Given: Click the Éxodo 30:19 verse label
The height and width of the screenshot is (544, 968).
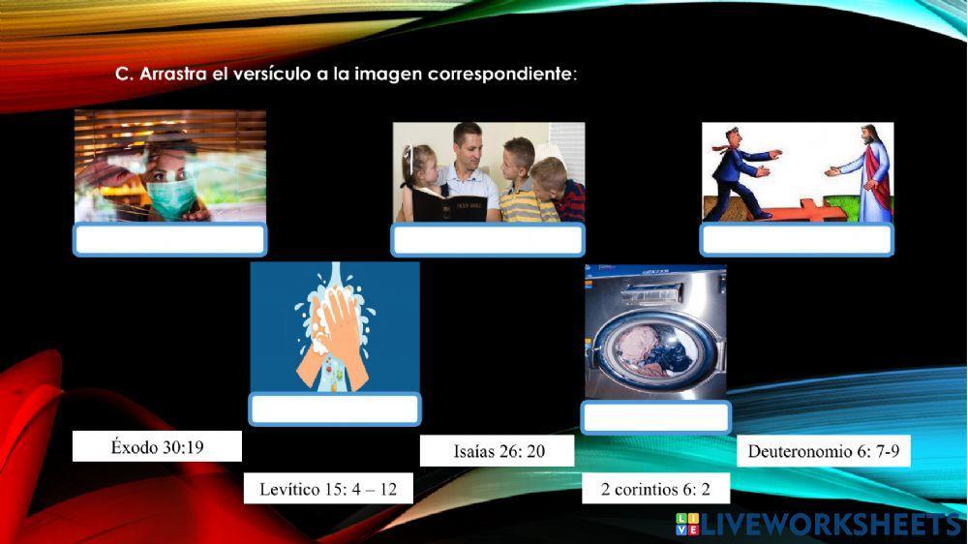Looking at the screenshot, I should pyautogui.click(x=157, y=446).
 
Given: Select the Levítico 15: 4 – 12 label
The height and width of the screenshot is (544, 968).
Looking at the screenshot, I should pyautogui.click(x=328, y=489).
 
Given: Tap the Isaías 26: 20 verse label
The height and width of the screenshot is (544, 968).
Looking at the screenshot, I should pyautogui.click(x=498, y=451).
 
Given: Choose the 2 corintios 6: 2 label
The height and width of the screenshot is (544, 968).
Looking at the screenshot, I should pyautogui.click(x=655, y=489).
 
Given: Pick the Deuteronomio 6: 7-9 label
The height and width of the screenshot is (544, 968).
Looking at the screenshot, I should pyautogui.click(x=823, y=451).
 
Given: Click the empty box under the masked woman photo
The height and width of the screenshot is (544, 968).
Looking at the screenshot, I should pyautogui.click(x=169, y=239).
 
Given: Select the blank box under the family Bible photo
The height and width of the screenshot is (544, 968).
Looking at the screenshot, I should pyautogui.click(x=488, y=239).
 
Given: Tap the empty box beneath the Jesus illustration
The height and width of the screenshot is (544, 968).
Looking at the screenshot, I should pyautogui.click(x=797, y=239).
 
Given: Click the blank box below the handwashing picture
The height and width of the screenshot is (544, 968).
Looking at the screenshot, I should pyautogui.click(x=335, y=408).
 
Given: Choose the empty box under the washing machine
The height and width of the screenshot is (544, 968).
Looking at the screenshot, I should pyautogui.click(x=655, y=417).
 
